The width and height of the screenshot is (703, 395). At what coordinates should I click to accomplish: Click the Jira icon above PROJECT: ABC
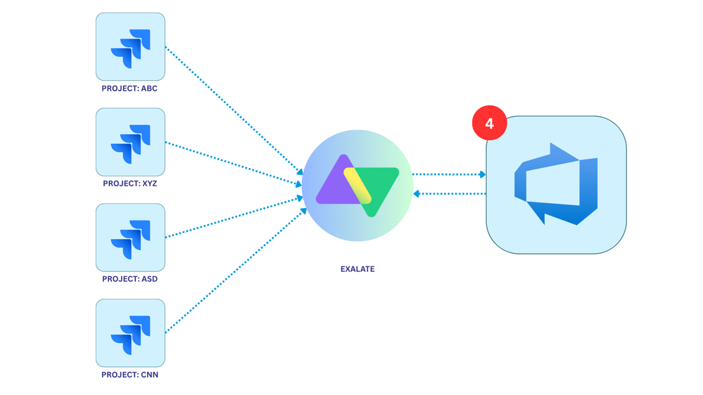click(130, 47)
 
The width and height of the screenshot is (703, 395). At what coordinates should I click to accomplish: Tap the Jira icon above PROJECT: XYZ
click(130, 143)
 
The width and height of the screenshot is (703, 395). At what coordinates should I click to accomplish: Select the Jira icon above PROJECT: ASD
click(130, 238)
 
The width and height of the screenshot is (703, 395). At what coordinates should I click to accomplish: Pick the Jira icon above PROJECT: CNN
click(130, 333)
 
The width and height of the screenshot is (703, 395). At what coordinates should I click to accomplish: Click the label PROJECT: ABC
click(129, 89)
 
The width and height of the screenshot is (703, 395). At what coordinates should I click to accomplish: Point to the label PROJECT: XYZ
click(129, 183)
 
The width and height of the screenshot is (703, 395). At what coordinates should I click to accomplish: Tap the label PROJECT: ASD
click(129, 279)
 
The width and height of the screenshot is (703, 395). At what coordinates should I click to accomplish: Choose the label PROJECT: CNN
click(129, 375)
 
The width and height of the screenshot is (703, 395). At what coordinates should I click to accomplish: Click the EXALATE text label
click(357, 269)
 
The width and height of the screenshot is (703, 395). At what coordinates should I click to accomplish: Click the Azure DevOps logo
click(556, 184)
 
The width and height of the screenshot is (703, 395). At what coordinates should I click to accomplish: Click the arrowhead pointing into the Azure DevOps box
click(482, 174)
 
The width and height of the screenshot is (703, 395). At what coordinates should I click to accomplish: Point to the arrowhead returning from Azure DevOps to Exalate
click(417, 193)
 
